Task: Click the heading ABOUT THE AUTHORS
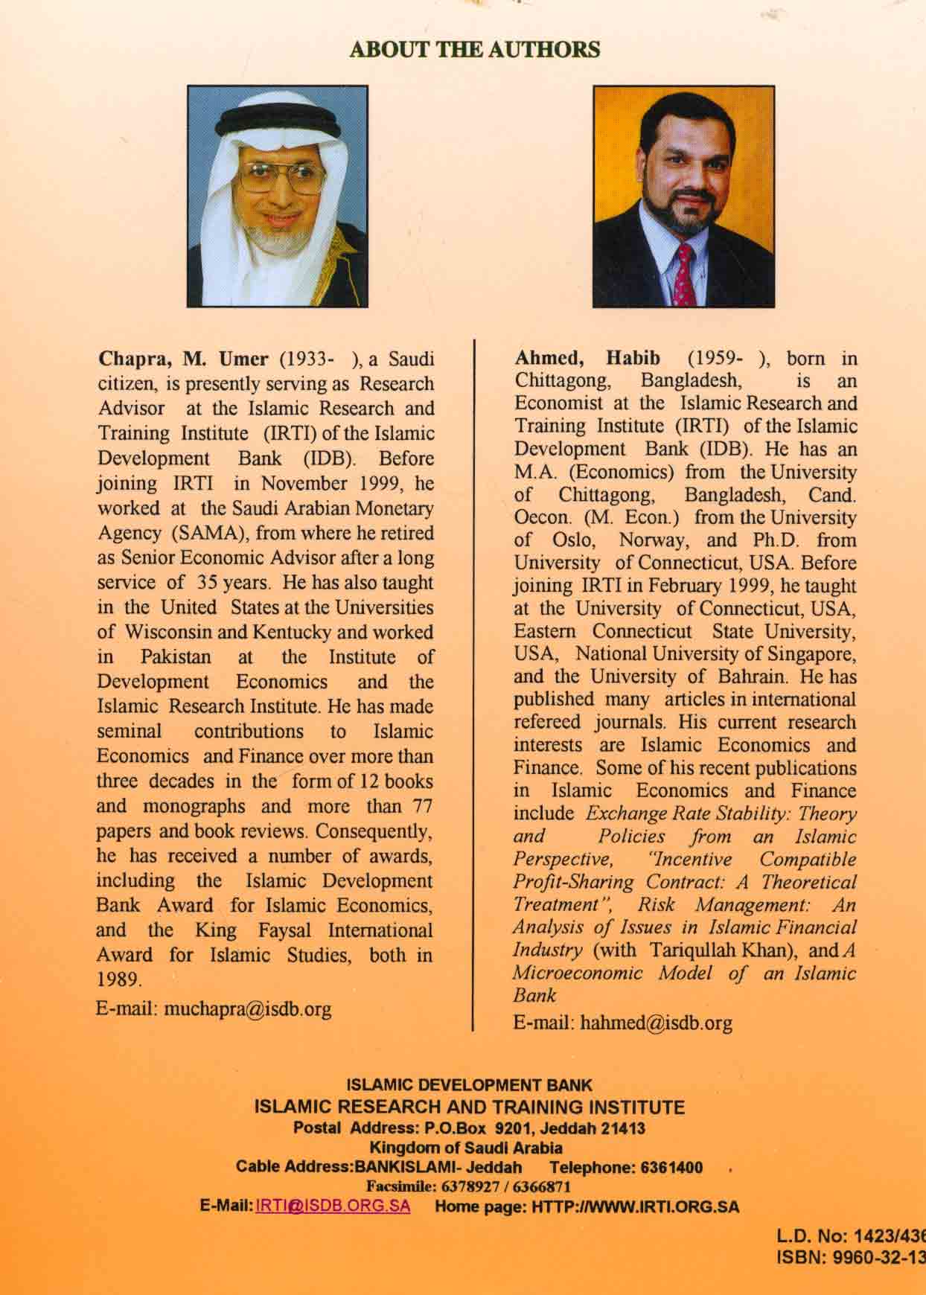pos(474,50)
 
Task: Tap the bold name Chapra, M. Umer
pos(183,359)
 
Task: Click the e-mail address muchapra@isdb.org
pos(247,1009)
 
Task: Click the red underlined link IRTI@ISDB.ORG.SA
pos(333,1206)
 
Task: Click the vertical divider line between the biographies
pos(473,685)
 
